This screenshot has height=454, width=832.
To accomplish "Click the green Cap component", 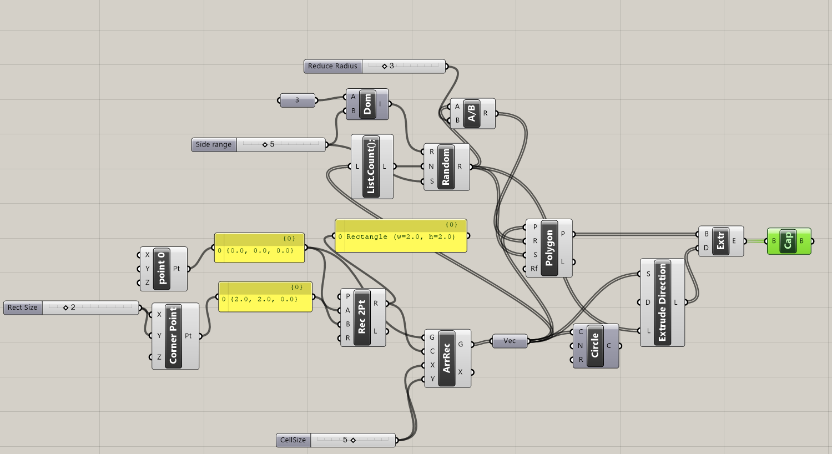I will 788,241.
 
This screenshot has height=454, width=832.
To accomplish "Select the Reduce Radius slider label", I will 333,66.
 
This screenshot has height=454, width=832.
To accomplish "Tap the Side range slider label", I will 214,145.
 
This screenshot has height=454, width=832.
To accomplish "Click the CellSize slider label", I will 293,440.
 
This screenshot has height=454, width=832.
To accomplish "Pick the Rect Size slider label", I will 23,307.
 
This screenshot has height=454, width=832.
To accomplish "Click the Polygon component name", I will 549,248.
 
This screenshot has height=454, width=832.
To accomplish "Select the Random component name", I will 446,167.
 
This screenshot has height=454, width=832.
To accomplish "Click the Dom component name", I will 367,104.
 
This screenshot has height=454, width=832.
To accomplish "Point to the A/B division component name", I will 471,113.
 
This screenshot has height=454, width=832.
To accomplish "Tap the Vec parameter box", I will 510,341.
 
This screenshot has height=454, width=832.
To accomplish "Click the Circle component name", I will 595,346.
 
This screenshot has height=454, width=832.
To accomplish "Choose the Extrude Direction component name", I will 662,302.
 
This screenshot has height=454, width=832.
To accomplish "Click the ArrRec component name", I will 447,358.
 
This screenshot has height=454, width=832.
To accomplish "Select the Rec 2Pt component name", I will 362,317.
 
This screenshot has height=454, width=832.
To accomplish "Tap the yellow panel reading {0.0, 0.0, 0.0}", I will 259,251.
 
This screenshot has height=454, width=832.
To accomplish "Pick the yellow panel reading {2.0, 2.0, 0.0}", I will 265,300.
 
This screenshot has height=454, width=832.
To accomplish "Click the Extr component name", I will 720,241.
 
